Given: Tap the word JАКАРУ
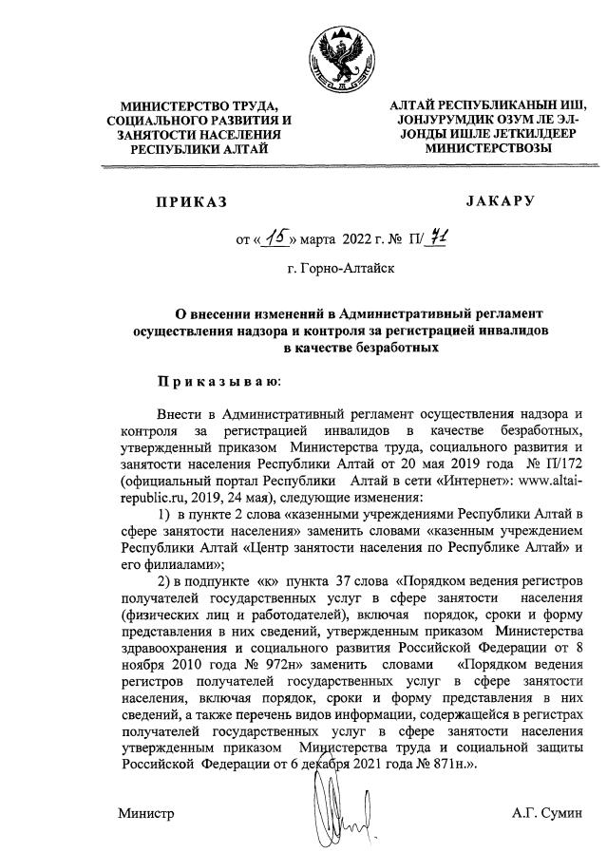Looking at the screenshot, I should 501,201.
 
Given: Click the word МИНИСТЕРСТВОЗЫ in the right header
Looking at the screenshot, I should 487,149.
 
